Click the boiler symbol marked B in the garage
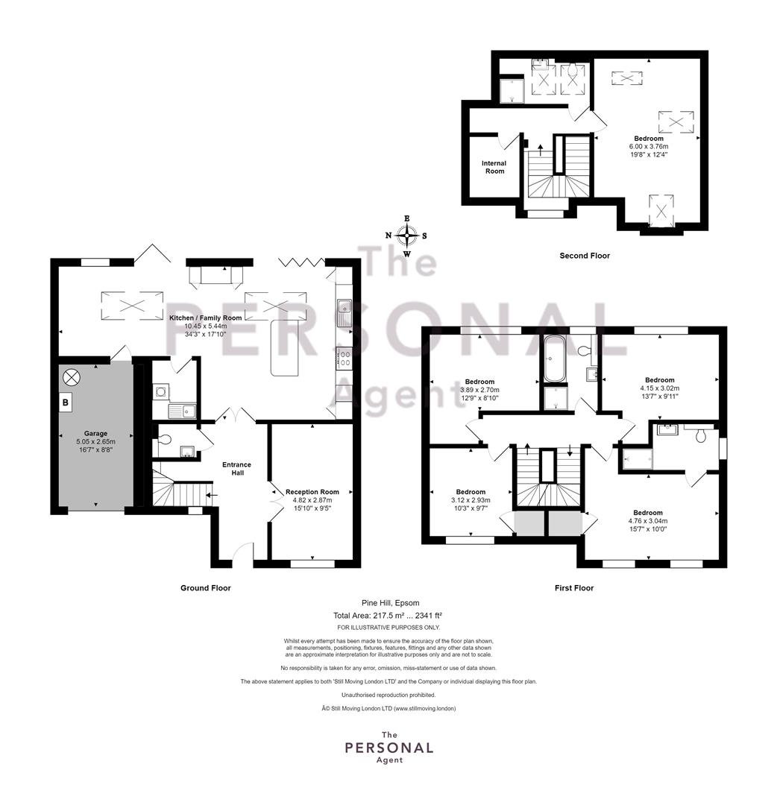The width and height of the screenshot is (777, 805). pos(66,402)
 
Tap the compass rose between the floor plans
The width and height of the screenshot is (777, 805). pos(406,236)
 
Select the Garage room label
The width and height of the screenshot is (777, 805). pos(95,433)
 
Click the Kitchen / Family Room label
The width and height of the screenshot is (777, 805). pos(205,318)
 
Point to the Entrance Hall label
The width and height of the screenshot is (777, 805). pos(236,469)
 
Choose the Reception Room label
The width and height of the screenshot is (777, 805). pos(312,492)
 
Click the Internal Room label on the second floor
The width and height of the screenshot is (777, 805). pos(494,168)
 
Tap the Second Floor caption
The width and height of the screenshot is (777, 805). pos(585,256)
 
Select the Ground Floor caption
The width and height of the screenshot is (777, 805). pos(205,588)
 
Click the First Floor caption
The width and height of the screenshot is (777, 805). pos(574,588)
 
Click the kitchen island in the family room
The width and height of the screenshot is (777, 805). pos(285,347)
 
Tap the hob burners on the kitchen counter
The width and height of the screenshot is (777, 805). pos(343,359)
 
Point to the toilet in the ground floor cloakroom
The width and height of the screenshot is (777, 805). pos(164,440)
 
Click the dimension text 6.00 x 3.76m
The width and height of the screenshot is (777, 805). pos(649,146)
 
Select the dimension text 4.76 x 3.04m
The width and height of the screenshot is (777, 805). pos(647,520)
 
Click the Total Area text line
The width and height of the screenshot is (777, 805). pos(388,615)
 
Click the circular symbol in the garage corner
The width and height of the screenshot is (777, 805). pos(72,378)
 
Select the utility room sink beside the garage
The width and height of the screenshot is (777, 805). pos(182,411)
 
